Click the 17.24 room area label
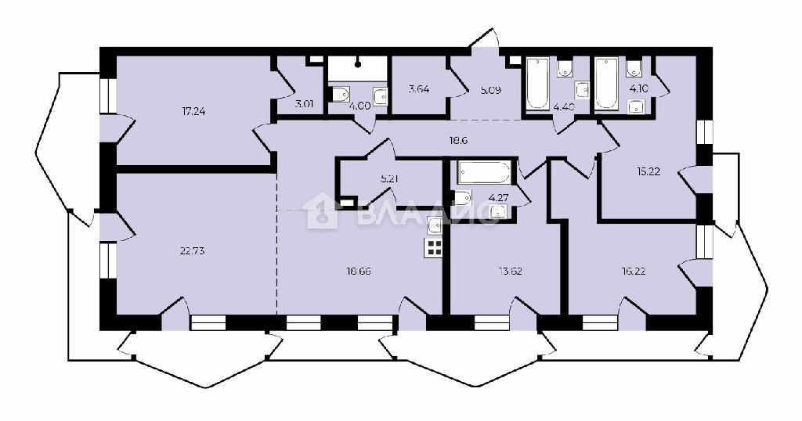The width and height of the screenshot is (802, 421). (194, 111)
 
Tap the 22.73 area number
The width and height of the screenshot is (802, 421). (193, 251)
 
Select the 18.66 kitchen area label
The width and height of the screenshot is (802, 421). (358, 272)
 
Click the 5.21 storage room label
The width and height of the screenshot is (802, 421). (390, 179)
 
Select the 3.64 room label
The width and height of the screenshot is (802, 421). (418, 89)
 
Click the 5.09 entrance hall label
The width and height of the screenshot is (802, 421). (490, 91)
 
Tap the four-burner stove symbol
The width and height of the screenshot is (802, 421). (434, 248)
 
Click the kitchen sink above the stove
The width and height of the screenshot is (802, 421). (434, 225)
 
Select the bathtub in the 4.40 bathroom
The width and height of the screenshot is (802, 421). (537, 84)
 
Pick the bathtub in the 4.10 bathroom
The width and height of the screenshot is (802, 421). (607, 84)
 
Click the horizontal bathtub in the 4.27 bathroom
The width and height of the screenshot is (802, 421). (484, 172)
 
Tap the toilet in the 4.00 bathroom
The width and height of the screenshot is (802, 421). (340, 95)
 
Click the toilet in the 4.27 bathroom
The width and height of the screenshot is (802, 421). (462, 198)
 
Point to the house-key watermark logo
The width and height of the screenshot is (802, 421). (322, 210)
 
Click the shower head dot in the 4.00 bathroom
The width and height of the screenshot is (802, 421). (358, 64)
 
